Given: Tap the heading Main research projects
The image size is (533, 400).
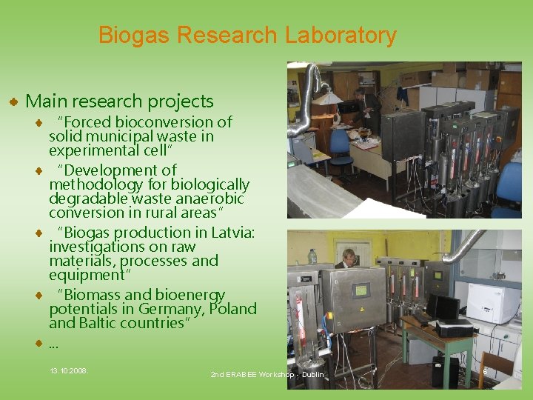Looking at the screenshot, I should (119, 101).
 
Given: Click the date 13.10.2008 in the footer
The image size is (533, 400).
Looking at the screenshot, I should (68, 369).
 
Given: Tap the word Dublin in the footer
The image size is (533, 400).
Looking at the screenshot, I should (313, 376).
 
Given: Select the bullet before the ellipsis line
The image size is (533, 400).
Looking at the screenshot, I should (38, 344).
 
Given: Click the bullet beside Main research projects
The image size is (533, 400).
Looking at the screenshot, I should (13, 101).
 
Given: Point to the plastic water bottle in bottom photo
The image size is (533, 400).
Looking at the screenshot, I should (313, 256).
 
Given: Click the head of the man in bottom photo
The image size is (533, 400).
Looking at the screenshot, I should (347, 256).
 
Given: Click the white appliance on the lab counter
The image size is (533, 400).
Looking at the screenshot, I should (492, 303).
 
